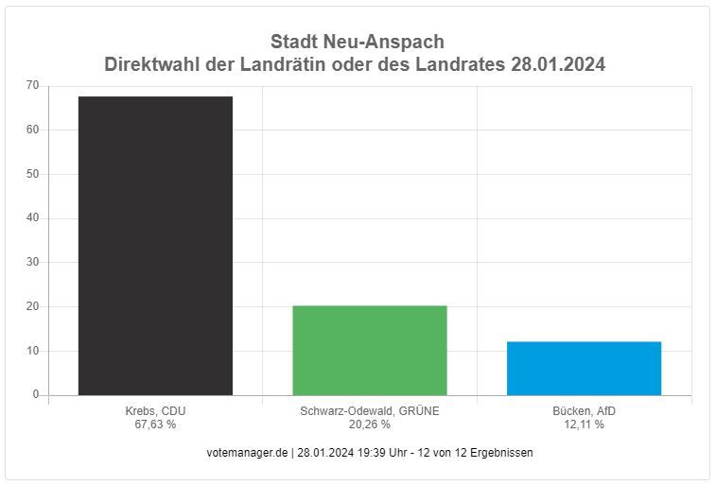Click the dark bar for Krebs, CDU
click(155, 246)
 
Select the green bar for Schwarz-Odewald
click(370, 350)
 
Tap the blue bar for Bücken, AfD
click(584, 368)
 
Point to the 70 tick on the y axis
click(33, 86)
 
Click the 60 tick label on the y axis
click(33, 130)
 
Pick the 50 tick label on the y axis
click(33, 174)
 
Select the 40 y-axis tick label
click(33, 218)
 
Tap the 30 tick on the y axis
click(33, 262)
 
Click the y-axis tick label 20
click(33, 306)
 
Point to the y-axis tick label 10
click(33, 351)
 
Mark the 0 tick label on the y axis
click(36, 394)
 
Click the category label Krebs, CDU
click(155, 411)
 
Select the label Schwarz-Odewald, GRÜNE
click(370, 411)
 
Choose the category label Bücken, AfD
click(584, 411)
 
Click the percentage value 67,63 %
click(155, 424)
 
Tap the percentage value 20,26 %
click(370, 424)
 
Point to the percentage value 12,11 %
click(584, 424)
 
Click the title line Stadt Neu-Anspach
click(357, 43)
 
